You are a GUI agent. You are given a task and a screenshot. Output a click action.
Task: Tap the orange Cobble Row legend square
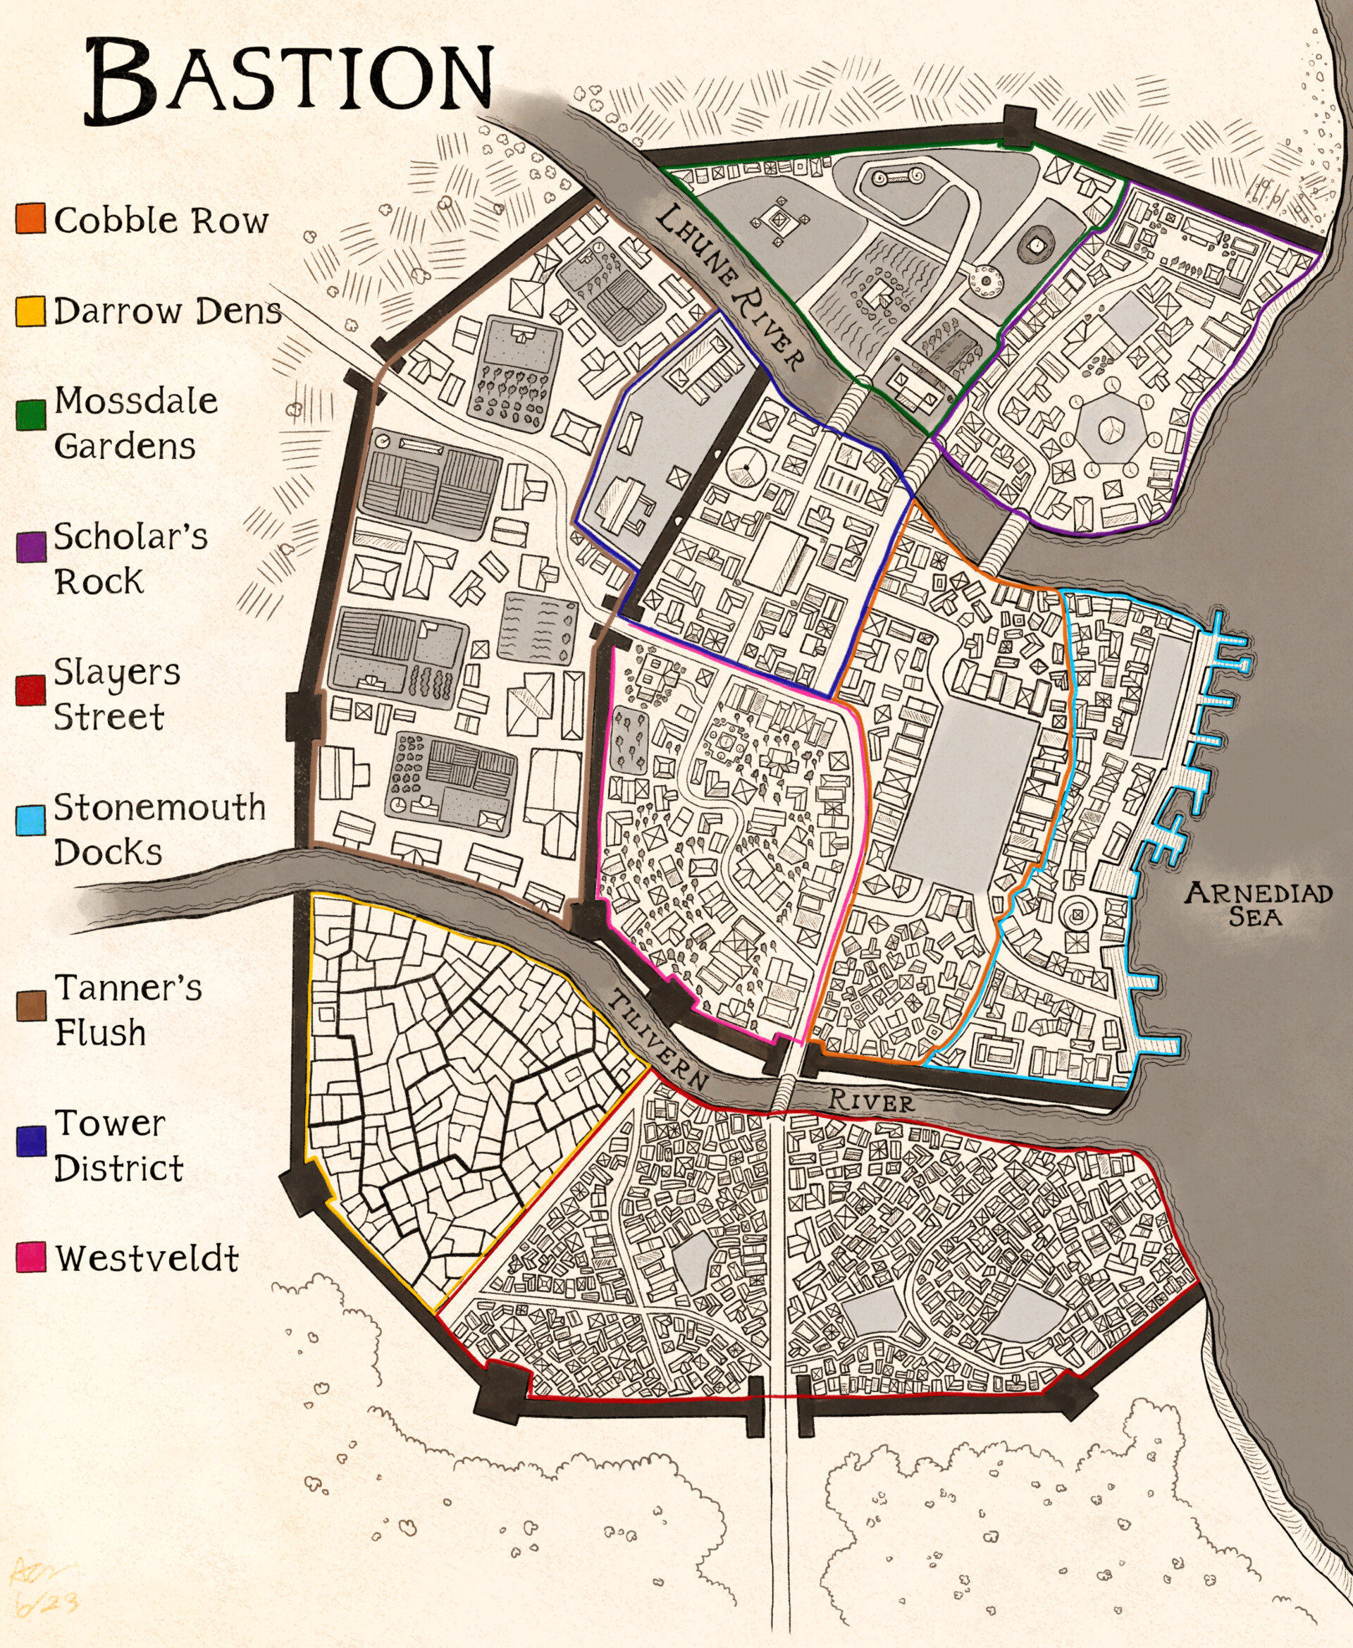(30, 219)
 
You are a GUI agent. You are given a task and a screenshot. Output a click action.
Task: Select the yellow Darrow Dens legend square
(30, 310)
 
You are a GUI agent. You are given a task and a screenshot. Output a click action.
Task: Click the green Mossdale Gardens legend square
(30, 414)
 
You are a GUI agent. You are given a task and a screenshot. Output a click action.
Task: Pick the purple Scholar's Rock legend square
(30, 547)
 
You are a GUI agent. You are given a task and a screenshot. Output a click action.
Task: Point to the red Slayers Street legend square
(30, 691)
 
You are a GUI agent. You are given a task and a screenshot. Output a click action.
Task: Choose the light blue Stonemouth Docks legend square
(30, 821)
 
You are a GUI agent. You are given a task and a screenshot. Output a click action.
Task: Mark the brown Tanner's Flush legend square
(30, 1007)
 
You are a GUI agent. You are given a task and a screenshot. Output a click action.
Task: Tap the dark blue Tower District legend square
(30, 1141)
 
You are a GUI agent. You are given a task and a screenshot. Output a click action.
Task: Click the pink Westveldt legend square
(30, 1257)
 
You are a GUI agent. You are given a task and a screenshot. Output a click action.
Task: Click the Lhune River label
(729, 287)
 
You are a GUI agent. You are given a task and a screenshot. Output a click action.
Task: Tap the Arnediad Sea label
(1257, 904)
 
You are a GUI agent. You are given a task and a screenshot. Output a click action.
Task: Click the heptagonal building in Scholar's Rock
(1110, 428)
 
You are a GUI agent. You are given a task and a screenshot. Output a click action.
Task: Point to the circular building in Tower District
(746, 466)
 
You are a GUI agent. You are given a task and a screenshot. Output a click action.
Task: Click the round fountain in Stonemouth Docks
(1077, 914)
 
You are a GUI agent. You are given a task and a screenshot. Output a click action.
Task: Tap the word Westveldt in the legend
(147, 1258)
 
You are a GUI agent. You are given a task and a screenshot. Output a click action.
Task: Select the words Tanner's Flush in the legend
(127, 1010)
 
